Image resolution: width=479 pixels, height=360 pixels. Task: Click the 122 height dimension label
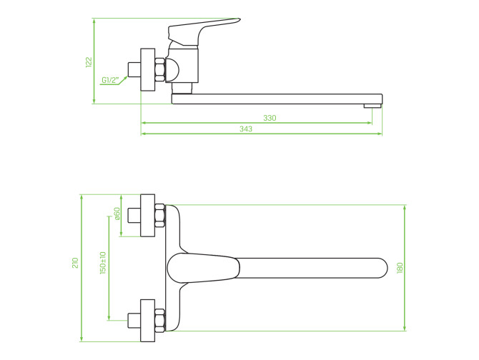89,62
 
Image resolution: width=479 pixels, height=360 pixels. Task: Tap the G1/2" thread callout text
110,80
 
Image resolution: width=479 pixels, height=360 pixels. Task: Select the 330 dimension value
270,118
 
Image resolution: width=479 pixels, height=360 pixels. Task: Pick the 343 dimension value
246,129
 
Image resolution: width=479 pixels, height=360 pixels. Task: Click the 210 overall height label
75,263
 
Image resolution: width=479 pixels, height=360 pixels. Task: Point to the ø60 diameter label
117,214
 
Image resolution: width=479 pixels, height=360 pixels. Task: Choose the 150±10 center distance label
103,263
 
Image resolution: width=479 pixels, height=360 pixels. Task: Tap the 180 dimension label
400,268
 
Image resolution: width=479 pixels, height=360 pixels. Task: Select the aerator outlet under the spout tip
372,106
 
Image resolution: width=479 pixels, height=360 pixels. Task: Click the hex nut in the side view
159,69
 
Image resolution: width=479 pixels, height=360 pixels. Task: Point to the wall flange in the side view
147,69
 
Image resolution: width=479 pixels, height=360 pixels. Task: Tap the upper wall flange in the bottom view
147,216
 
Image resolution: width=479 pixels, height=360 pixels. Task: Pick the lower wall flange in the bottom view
147,320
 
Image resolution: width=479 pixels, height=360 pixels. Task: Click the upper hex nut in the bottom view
159,216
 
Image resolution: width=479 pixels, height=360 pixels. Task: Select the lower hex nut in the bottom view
159,320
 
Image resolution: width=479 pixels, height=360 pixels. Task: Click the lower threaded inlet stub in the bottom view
134,320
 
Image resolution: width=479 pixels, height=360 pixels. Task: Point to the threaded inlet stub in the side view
134,69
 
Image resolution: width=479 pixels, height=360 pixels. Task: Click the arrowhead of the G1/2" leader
125,78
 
